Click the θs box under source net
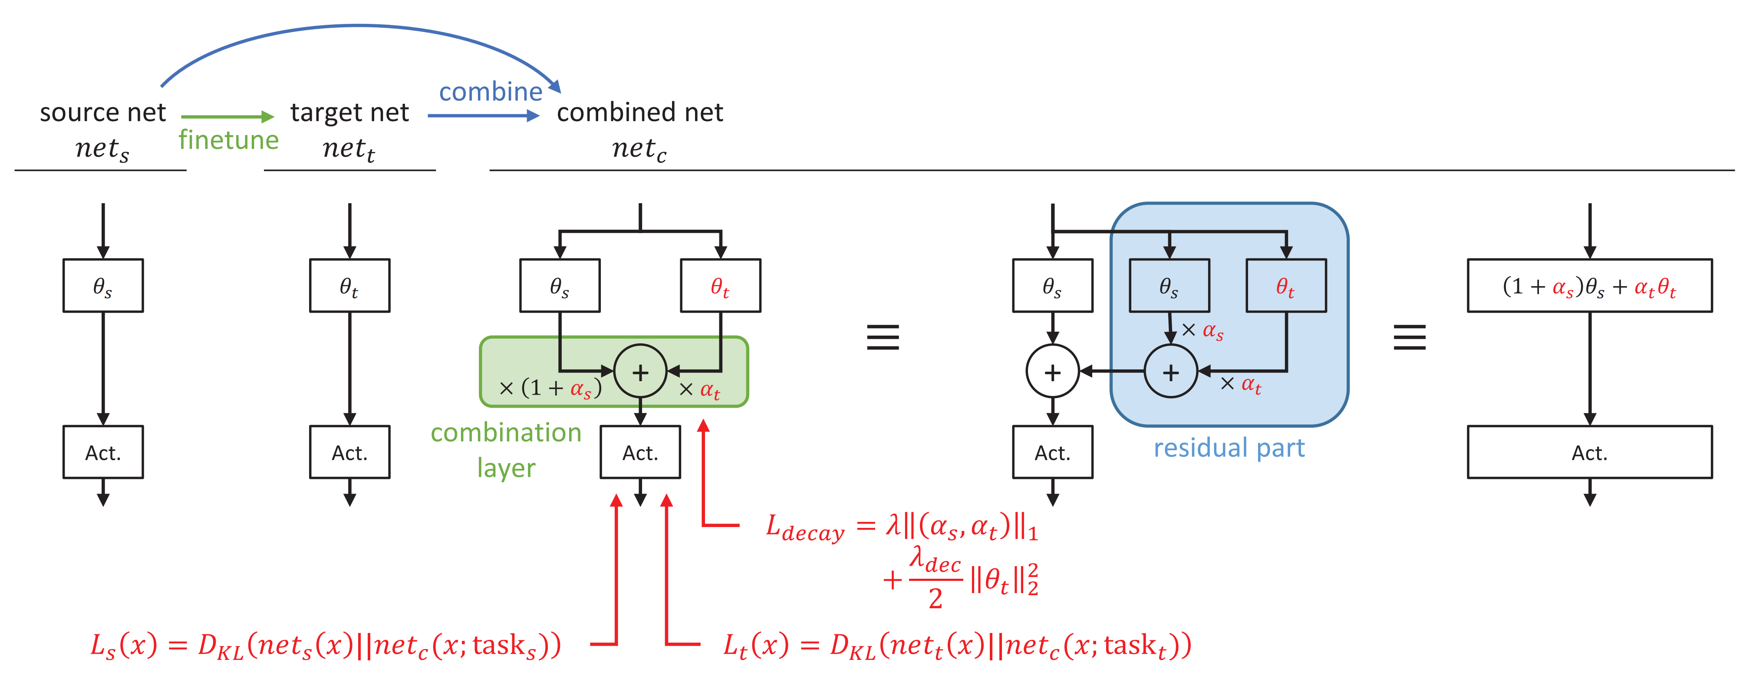tap(103, 286)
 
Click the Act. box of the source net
tap(103, 452)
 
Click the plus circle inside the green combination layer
tap(640, 372)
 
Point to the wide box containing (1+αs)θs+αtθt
tap(1589, 286)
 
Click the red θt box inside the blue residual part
tap(1285, 286)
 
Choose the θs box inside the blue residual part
tap(1169, 286)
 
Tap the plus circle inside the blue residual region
tap(1170, 372)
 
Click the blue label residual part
tap(1229, 448)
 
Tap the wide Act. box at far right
tap(1589, 452)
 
